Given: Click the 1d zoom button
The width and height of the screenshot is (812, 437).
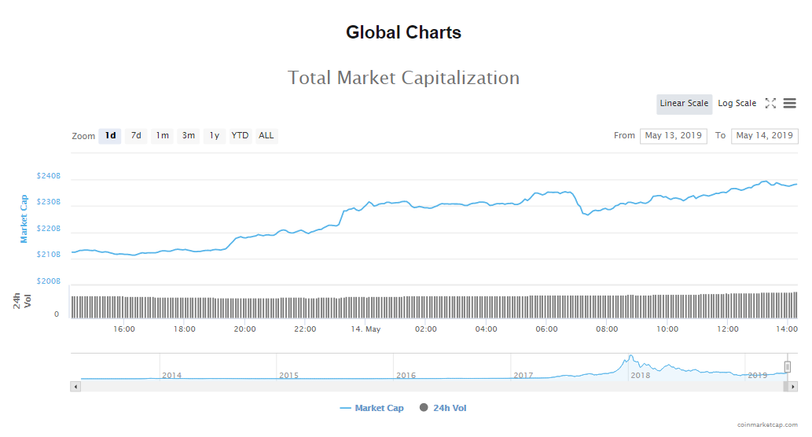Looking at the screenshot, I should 110,136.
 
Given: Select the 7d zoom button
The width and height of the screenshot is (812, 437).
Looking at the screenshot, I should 136,136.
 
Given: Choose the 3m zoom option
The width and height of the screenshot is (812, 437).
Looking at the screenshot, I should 189,136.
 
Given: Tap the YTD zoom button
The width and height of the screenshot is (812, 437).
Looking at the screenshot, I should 240,136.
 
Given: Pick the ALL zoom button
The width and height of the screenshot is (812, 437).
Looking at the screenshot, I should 266,136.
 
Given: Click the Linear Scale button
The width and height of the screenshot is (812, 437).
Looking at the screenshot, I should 684,104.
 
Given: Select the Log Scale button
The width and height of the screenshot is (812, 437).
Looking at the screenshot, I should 737,104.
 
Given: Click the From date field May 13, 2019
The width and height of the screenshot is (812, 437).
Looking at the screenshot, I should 673,136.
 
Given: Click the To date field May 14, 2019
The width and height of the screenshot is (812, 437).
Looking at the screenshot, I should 764,136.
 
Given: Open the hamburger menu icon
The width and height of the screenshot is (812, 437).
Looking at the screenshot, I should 789,104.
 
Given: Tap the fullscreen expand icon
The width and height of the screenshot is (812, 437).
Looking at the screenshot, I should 770,104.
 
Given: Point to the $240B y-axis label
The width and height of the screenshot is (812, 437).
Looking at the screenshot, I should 48,176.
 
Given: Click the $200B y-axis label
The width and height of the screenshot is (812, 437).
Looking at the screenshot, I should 48,281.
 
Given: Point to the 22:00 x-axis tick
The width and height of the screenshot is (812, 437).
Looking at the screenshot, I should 305,329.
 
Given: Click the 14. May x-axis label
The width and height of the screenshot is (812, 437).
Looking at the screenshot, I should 366,329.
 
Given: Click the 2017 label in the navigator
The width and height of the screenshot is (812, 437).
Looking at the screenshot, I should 524,376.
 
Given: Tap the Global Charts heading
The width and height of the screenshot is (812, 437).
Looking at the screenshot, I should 403,33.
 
